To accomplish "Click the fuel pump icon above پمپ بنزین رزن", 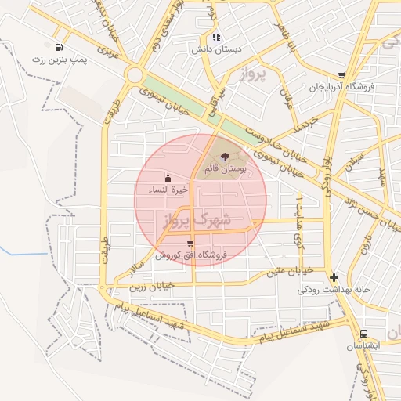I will click(60, 46).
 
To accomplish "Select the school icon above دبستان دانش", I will click(216, 36).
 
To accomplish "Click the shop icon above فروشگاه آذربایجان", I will click(341, 75).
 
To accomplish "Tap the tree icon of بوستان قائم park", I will click(226, 157).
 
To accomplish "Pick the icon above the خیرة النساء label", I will click(168, 178).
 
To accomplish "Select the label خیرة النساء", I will click(170, 190).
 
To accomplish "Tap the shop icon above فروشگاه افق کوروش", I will click(190, 244).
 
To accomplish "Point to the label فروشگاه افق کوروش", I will click(190, 255).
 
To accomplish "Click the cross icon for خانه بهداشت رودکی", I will click(334, 277).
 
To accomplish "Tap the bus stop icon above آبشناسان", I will click(363, 333).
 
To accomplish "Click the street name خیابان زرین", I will click(151, 287).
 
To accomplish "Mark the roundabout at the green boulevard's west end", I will click(134, 76).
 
